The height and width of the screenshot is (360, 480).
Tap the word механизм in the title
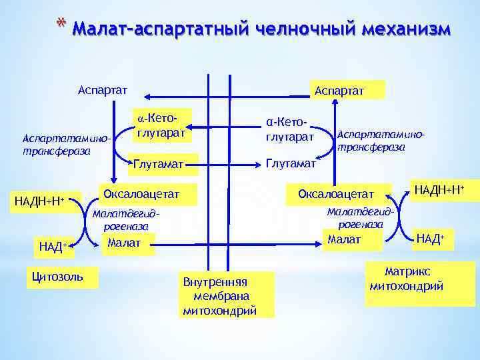tap(407, 30)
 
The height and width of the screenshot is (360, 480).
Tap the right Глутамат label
tap(292, 163)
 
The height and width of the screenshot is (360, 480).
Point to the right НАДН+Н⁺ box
tap(439, 190)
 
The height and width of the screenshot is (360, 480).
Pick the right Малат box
tap(345, 239)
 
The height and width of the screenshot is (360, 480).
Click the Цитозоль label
tap(62, 276)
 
